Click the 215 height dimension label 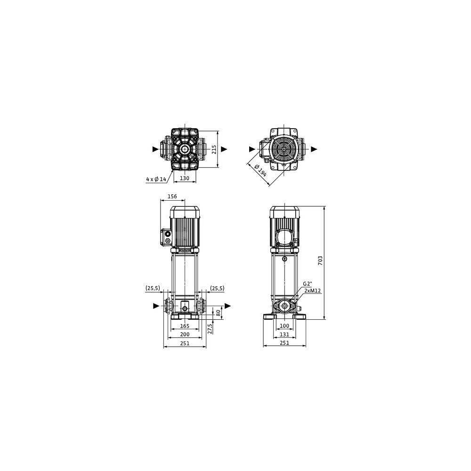pos(214,149)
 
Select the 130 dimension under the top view pos(185,178)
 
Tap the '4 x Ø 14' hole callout pos(156,179)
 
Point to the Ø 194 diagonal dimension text pos(260,171)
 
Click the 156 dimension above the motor pos(172,197)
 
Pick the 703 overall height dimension pos(320,260)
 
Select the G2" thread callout pos(308,284)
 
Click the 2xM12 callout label pos(313,291)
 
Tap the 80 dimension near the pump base pos(219,312)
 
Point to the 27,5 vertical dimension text pos(210,328)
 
